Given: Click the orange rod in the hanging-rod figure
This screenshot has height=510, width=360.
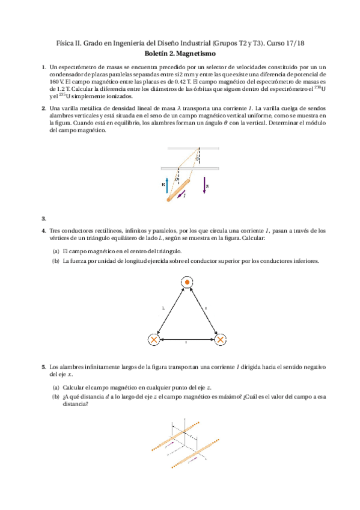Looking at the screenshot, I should pos(178,189).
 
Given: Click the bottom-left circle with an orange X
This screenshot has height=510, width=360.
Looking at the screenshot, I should pos(154,340).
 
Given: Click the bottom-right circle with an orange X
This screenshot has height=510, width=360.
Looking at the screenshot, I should pos(221,340).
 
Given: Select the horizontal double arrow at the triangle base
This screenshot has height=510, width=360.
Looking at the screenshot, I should pos(187,340).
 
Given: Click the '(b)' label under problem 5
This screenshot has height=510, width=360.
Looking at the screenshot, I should pos(56,397).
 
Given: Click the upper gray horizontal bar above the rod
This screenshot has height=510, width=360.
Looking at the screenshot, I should pos(193,148).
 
